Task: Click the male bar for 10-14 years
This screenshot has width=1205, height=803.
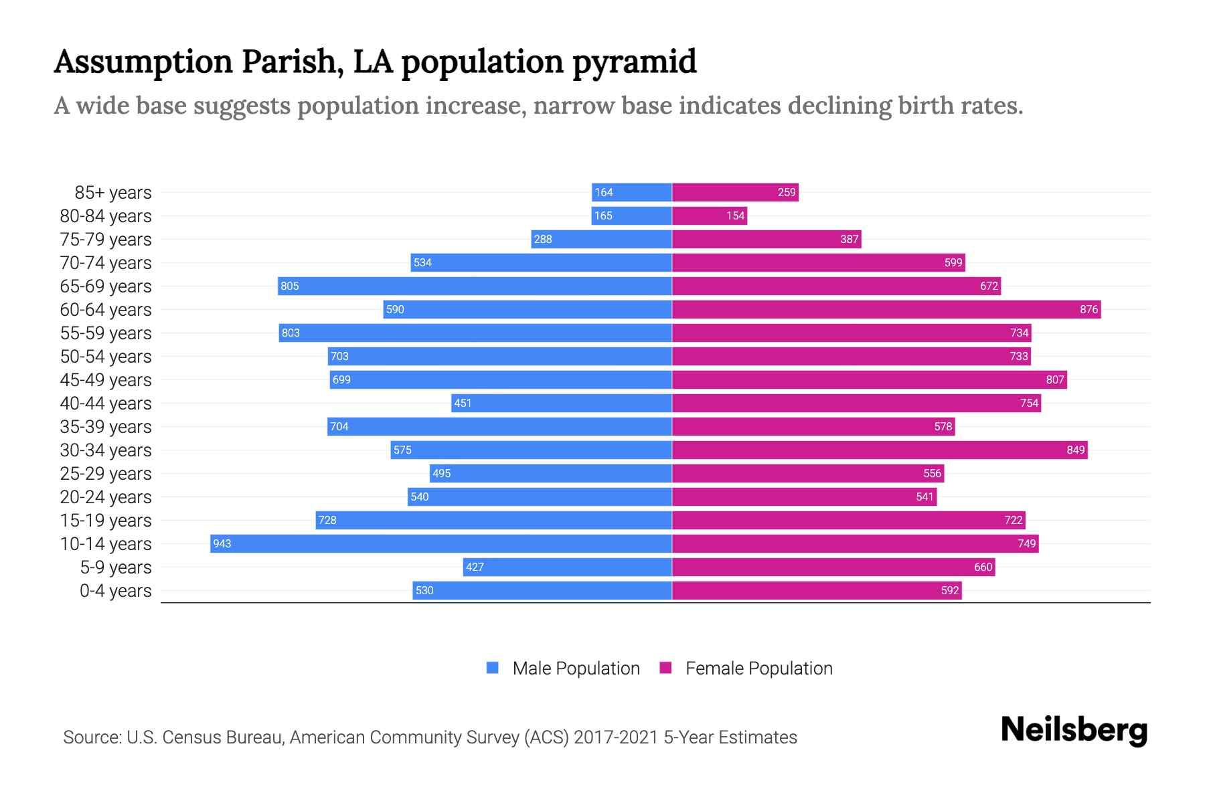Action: [442, 543]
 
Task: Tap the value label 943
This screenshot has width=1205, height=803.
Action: [222, 543]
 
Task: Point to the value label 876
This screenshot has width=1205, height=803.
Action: [1089, 309]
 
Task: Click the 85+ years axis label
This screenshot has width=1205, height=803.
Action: [112, 193]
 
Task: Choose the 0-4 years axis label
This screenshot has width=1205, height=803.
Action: [115, 591]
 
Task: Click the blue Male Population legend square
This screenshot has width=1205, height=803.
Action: [493, 668]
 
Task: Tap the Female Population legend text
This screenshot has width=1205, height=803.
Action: [758, 668]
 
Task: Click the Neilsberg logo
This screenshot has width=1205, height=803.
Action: [1074, 730]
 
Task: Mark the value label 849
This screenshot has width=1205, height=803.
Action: [1075, 450]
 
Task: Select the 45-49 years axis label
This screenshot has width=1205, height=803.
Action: [106, 380]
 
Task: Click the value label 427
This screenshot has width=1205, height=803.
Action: [475, 567]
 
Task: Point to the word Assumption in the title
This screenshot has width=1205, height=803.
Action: [144, 62]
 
